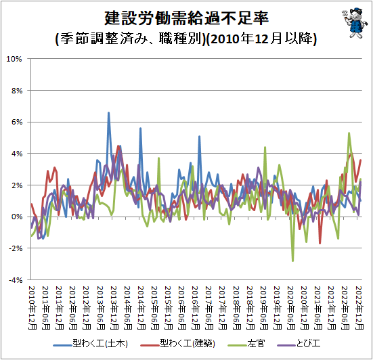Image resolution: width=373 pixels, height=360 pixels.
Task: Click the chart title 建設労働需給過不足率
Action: pyautogui.click(x=187, y=18)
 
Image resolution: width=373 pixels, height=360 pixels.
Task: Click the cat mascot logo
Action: pyautogui.click(x=355, y=23)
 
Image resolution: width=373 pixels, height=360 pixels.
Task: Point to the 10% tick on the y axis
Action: pyautogui.click(x=14, y=59)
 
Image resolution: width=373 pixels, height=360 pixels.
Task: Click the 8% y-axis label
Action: pyautogui.click(x=17, y=91)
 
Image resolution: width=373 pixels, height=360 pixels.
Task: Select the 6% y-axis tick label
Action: pyautogui.click(x=17, y=122)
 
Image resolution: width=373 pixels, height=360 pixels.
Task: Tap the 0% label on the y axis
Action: pyautogui.click(x=17, y=217)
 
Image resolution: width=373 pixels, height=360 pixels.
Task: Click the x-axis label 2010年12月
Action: pyautogui.click(x=32, y=308)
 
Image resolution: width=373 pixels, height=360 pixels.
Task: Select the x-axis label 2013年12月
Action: pyautogui.click(x=114, y=308)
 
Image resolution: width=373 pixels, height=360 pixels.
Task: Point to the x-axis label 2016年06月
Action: pyautogui.click(x=183, y=308)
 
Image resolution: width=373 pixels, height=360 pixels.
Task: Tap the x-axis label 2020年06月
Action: pyautogui.click(x=291, y=308)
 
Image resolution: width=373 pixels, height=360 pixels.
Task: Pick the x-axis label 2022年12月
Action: pyautogui.click(x=359, y=308)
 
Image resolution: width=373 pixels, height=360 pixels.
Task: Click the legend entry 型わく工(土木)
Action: pyautogui.click(x=91, y=344)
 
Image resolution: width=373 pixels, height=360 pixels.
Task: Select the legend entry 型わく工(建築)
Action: pyautogui.click(x=177, y=344)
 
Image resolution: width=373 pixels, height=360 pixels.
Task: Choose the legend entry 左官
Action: pyautogui.click(x=246, y=344)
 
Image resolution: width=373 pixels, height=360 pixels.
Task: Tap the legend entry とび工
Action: pyautogui.click(x=299, y=344)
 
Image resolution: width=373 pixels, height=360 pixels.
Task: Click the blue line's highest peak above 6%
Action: pyautogui.click(x=109, y=112)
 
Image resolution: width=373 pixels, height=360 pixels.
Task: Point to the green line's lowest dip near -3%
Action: pyautogui.click(x=292, y=261)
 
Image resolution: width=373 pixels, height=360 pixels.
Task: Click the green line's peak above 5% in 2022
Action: pyautogui.click(x=349, y=133)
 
